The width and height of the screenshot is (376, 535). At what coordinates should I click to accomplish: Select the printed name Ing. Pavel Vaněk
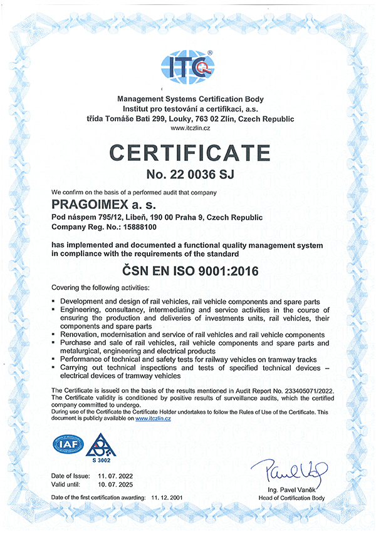(291, 489)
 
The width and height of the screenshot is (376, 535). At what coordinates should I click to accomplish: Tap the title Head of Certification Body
(291, 497)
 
